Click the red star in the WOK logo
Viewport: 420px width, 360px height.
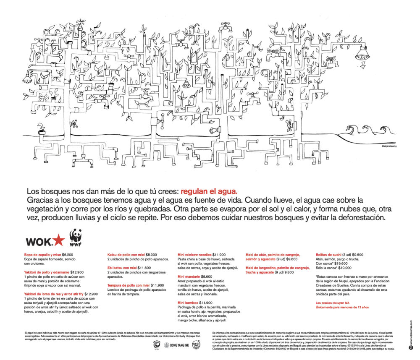[59, 241]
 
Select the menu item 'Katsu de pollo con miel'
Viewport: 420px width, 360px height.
[123, 254]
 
